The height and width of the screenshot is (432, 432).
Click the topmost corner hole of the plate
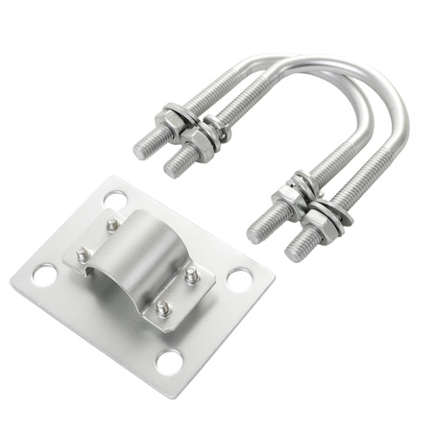pos(115,200)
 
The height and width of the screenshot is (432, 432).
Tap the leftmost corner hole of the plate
pos(43,276)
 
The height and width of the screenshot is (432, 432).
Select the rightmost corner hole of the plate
pos(239,280)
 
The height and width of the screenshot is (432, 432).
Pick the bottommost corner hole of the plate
pos(169,362)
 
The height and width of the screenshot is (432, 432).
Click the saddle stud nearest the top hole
pos(113,225)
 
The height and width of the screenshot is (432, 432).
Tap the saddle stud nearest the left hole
pos(83,255)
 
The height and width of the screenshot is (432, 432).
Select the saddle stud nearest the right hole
pos(191,276)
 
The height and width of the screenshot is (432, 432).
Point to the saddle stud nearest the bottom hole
pos(163,308)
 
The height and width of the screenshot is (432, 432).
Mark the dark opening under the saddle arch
pos(94,276)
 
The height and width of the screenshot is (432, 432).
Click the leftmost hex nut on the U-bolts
pos(171,122)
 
